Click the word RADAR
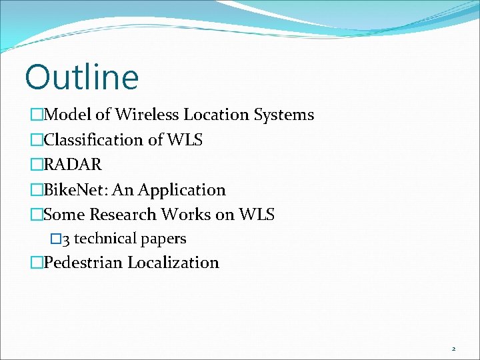(72, 165)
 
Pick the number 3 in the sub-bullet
(66, 239)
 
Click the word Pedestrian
(83, 263)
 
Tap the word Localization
(173, 263)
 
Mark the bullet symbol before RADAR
(37, 165)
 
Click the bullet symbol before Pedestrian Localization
(37, 263)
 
